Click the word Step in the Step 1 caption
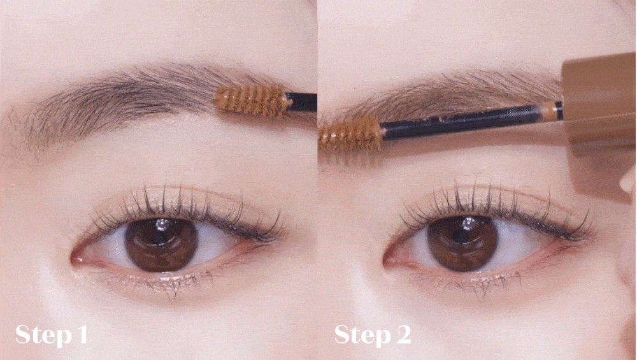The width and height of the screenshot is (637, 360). coord(41,335)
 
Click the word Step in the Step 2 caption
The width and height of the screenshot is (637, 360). coord(360,335)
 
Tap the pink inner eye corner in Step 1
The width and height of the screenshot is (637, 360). coord(78,258)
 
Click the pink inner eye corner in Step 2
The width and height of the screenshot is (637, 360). coord(390,259)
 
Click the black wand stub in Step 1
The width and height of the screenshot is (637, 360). coord(301,101)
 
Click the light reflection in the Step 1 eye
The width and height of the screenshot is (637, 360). coord(162,224)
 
